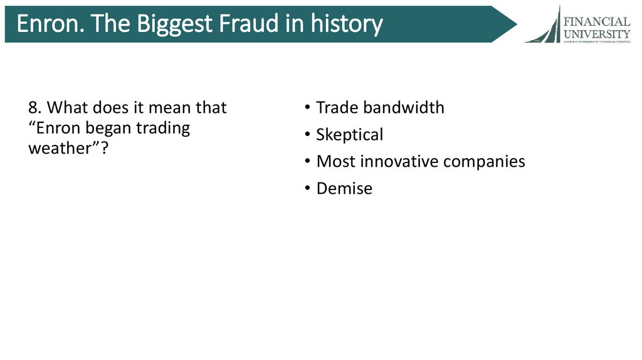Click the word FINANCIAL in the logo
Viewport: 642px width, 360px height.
pyautogui.click(x=596, y=22)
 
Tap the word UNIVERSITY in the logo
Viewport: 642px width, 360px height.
pyautogui.click(x=596, y=33)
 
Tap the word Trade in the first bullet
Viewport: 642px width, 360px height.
pyautogui.click(x=337, y=108)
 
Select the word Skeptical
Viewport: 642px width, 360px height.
pyautogui.click(x=349, y=135)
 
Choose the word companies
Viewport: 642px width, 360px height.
pyautogui.click(x=484, y=162)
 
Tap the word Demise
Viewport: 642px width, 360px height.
pyautogui.click(x=344, y=188)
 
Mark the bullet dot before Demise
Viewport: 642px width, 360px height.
pyautogui.click(x=307, y=189)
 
